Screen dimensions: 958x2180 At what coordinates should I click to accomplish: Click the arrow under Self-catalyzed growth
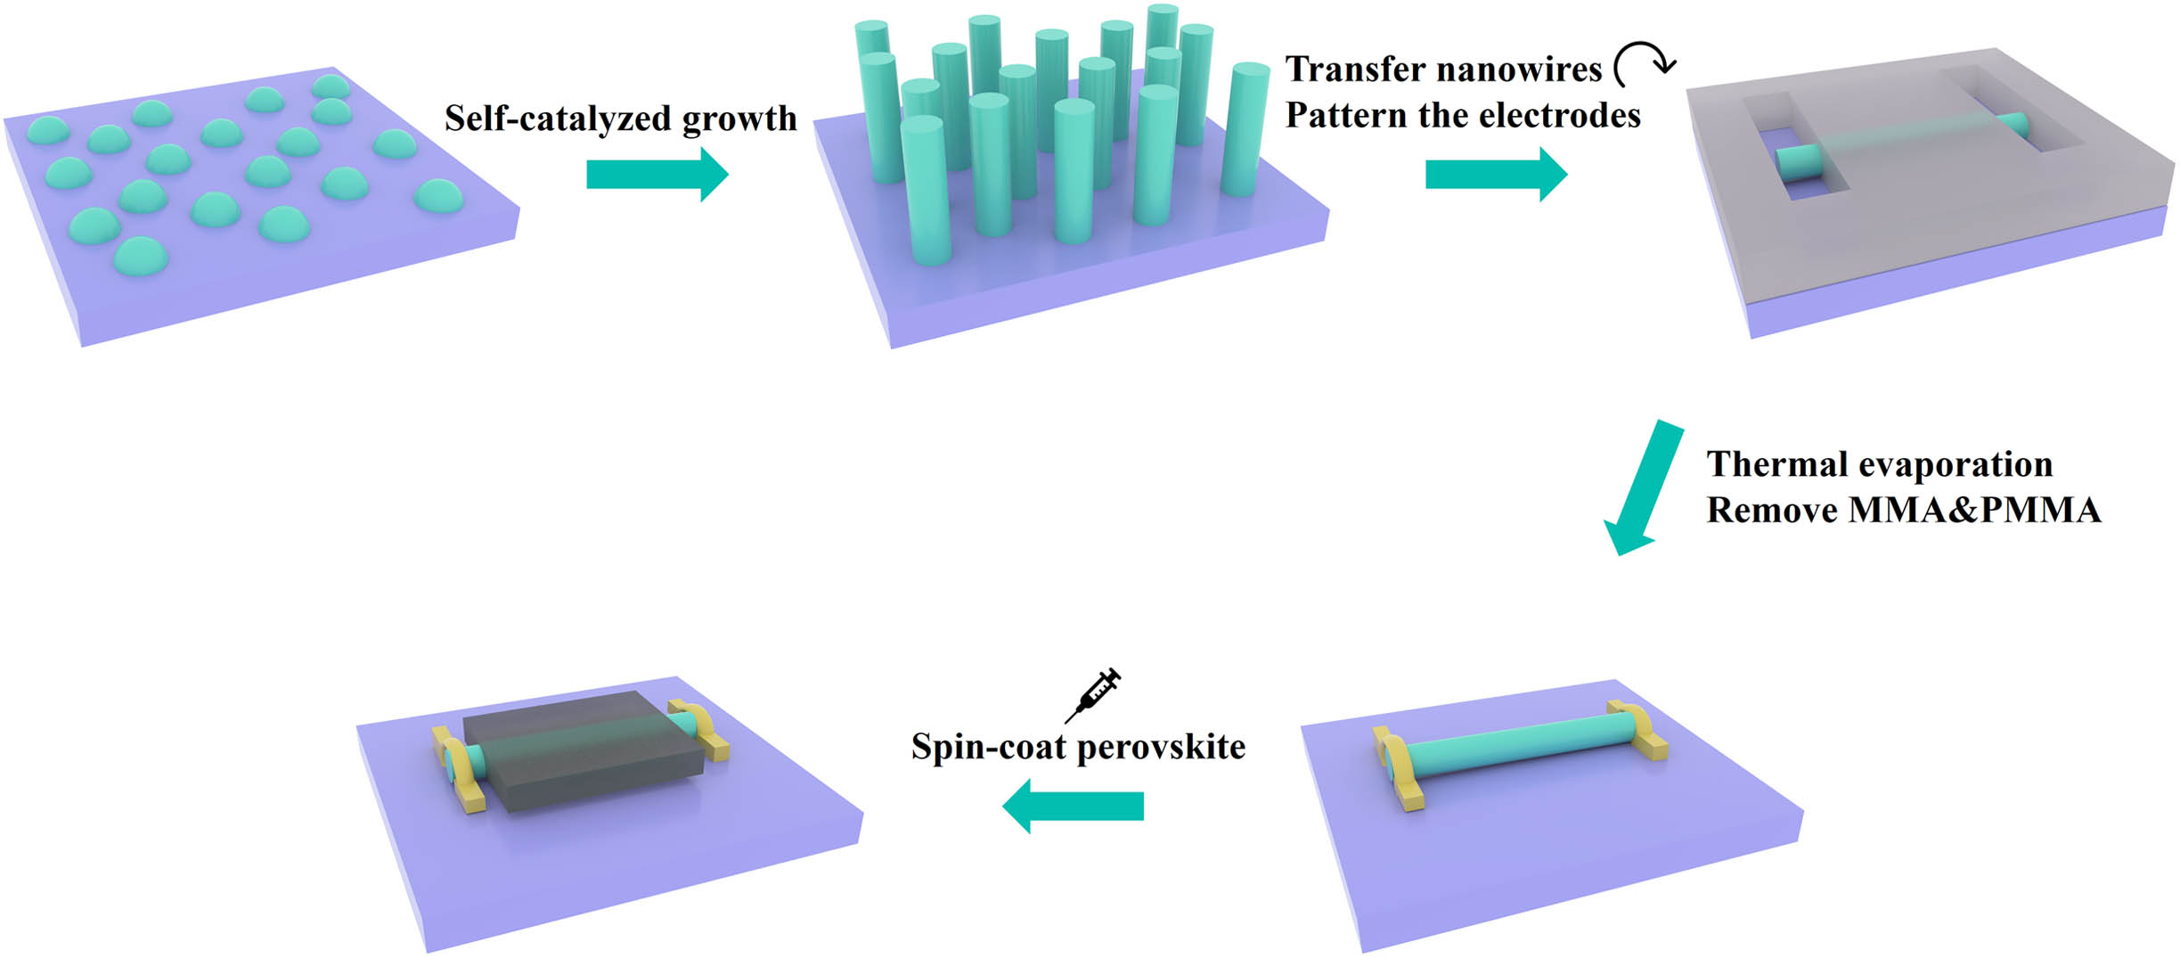coord(657,175)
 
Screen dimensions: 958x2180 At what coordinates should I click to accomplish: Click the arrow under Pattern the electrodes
coord(1496,175)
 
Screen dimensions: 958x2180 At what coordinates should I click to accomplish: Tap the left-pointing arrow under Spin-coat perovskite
coord(1073,806)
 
